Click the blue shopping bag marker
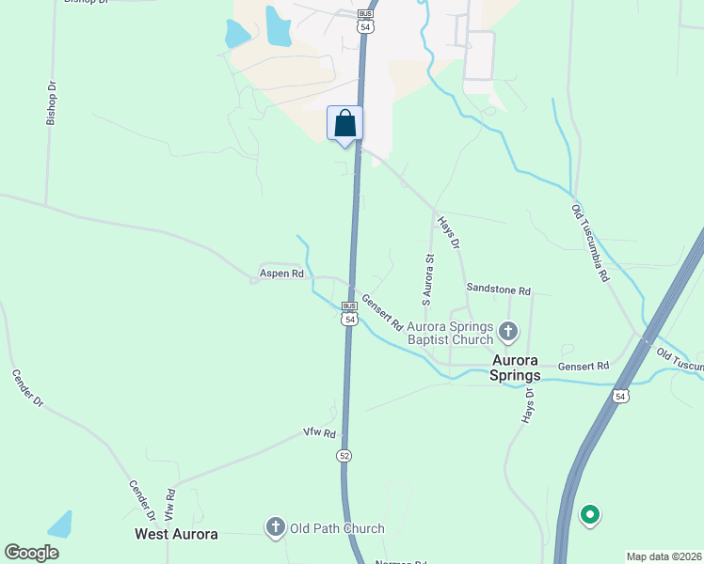click(x=344, y=123)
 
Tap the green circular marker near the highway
click(x=590, y=514)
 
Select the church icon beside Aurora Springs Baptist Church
click(x=508, y=331)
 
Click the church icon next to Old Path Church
click(x=276, y=527)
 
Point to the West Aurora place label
click(x=177, y=534)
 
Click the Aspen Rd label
click(x=281, y=274)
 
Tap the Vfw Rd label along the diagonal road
click(x=319, y=433)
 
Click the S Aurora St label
click(x=428, y=279)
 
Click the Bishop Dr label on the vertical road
click(x=53, y=102)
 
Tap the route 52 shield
click(x=345, y=455)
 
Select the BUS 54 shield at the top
click(x=365, y=22)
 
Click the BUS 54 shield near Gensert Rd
click(x=349, y=314)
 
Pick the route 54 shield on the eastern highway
click(x=620, y=396)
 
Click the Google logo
click(x=31, y=553)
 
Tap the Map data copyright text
click(x=664, y=556)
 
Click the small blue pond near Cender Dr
click(x=60, y=524)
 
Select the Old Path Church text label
click(x=337, y=528)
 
